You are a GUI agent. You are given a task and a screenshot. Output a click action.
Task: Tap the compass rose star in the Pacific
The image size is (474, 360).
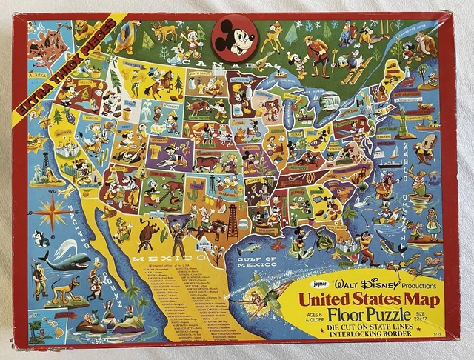tap(52, 211)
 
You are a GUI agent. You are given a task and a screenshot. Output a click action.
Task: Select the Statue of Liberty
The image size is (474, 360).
tap(403, 119)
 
